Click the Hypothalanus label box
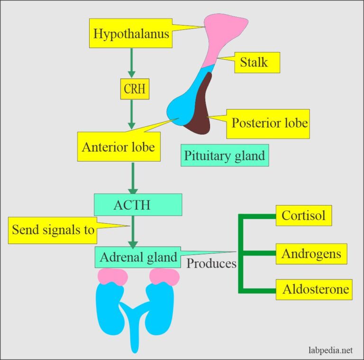tap(130, 34)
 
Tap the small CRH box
tap(135, 89)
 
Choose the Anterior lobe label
tap(118, 146)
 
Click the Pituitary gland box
tap(225, 155)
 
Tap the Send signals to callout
tap(53, 230)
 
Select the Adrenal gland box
tap(138, 257)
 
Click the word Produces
tap(211, 263)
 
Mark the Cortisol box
tap(303, 216)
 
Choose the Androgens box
tap(311, 254)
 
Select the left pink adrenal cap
tap(113, 277)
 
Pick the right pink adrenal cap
tap(164, 277)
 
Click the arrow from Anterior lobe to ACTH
tap(133, 178)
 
